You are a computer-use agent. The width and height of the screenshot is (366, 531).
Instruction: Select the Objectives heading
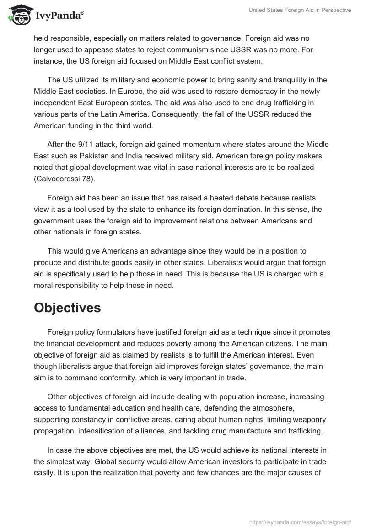coord(67,308)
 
